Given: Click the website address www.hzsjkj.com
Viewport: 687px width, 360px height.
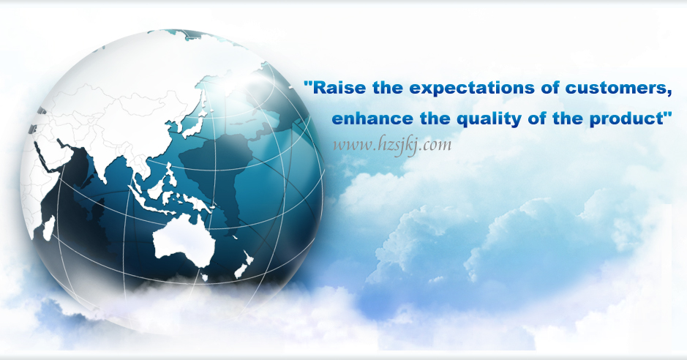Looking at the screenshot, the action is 391,145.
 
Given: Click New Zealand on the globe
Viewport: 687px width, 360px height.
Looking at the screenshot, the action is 244,265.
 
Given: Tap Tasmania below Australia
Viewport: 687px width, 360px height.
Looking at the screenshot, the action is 205,277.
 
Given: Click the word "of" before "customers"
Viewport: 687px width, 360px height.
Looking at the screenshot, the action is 550,88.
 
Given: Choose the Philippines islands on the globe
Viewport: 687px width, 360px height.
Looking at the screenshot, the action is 170,175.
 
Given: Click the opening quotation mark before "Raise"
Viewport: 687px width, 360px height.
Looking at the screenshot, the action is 308,83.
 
